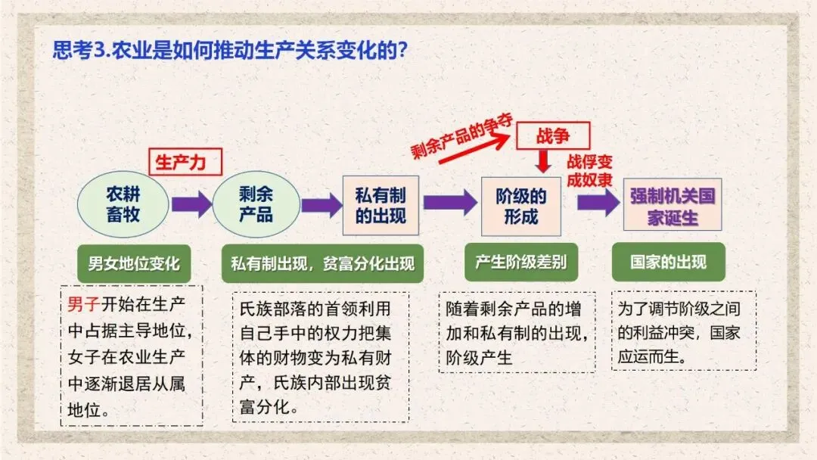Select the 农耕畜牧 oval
[x=123, y=204]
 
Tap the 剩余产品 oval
[x=256, y=204]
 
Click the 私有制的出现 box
[x=381, y=205]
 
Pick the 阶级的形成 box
[x=521, y=205]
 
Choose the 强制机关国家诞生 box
[x=673, y=205]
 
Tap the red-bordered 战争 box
[x=553, y=137]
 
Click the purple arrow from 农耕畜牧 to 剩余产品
[x=191, y=204]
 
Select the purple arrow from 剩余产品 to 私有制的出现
[x=322, y=205]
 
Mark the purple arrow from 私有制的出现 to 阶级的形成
[x=449, y=203]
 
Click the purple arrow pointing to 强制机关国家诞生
[x=598, y=203]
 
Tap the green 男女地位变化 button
[x=134, y=263]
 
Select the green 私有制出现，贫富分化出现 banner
[x=322, y=264]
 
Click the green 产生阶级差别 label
[x=520, y=262]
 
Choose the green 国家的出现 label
[x=669, y=262]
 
